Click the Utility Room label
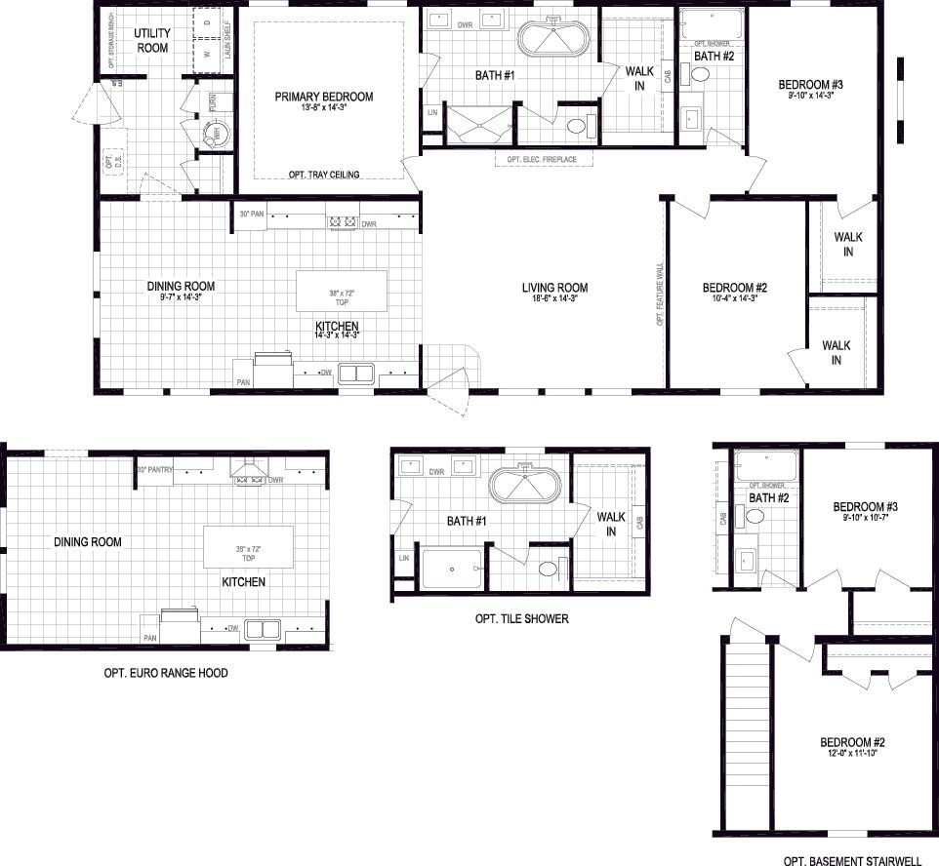pyautogui.click(x=151, y=41)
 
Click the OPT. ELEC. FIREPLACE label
pyautogui.click(x=542, y=159)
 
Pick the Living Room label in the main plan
pyautogui.click(x=554, y=287)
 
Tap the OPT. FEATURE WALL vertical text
pyautogui.click(x=661, y=295)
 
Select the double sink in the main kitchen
pyautogui.click(x=357, y=373)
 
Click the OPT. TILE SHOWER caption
pyautogui.click(x=521, y=618)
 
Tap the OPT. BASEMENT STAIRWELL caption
pyautogui.click(x=852, y=861)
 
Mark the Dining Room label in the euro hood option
pyautogui.click(x=88, y=542)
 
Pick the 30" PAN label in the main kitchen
pyautogui.click(x=252, y=214)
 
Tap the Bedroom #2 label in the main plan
pyautogui.click(x=735, y=288)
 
